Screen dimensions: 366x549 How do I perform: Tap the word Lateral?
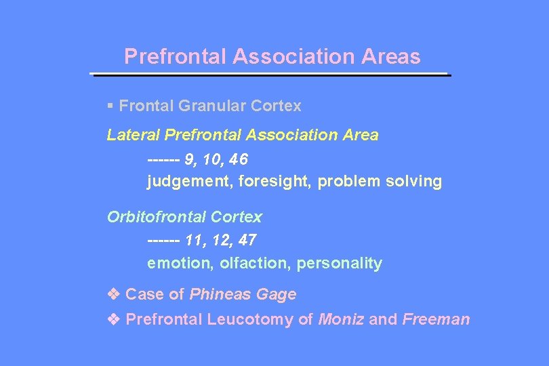pos(134,135)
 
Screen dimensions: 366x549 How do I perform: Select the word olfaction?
pos(255,263)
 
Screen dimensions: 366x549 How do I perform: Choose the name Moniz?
pos(341,319)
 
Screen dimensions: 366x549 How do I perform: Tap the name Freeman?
pos(436,319)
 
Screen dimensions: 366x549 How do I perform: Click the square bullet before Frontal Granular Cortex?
pos(110,106)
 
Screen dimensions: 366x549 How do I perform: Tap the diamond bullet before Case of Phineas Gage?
pos(113,294)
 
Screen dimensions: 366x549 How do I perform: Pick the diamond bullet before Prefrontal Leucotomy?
pos(113,319)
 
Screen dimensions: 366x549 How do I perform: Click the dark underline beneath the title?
pos(270,74)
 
